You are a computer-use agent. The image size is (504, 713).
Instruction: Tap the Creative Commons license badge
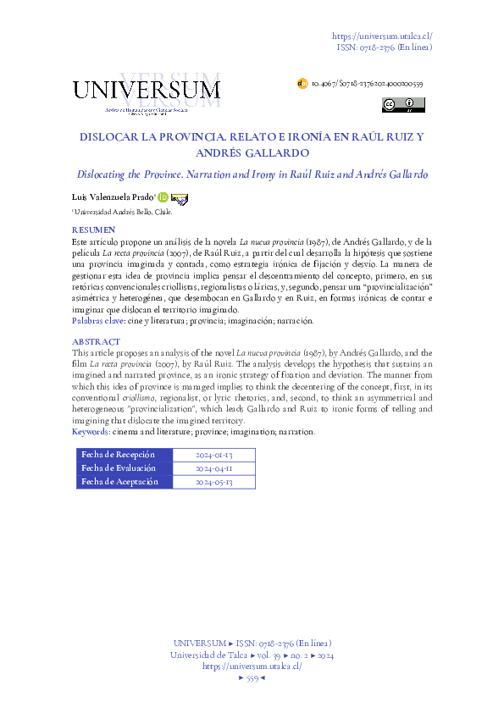[404, 105]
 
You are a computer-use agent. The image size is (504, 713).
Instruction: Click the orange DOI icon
[302, 85]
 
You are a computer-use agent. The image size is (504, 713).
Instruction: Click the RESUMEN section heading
[93, 230]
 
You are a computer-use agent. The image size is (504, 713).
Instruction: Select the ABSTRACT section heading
[96, 341]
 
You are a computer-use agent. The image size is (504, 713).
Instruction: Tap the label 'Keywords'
[91, 432]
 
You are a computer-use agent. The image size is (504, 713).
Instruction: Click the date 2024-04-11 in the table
[213, 468]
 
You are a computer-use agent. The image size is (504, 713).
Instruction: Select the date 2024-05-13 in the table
[213, 482]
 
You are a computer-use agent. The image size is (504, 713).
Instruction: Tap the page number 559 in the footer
[252, 678]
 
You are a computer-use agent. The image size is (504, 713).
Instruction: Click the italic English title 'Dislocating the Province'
[252, 174]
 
